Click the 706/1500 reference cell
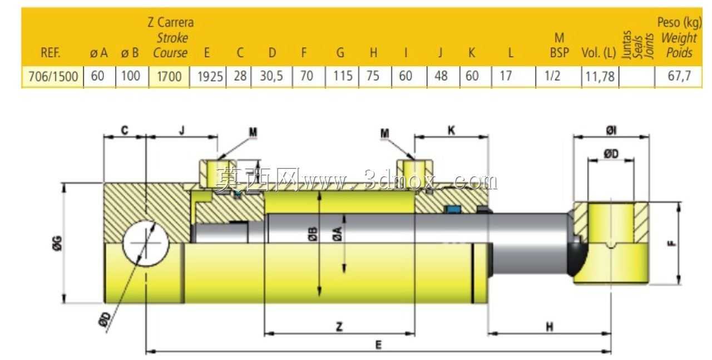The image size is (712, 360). point(53,76)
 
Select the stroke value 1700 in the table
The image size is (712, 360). point(169,76)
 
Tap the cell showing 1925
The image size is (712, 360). point(210,76)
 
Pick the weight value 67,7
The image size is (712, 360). point(679,76)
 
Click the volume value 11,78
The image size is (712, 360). point(600,77)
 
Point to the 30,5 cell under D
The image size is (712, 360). point(271,76)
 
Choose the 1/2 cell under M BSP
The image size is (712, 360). point(552,76)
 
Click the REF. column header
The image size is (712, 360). point(51,53)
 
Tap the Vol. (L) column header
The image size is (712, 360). point(599,53)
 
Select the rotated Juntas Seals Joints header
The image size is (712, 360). point(637,45)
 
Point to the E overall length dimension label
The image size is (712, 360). point(378,345)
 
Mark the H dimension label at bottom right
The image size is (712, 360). point(550,327)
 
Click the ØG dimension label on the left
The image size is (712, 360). point(57,243)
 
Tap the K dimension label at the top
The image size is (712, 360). point(451,130)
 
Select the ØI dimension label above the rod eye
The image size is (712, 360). point(611,130)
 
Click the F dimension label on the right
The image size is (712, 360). point(671,243)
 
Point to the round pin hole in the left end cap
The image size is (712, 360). point(146,244)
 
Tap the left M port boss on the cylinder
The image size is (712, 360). point(217,173)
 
